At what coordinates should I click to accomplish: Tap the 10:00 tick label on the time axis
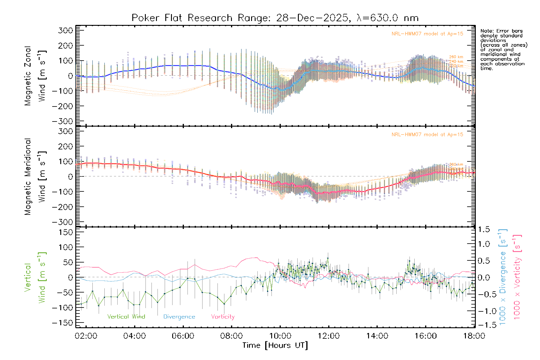click(x=280, y=336)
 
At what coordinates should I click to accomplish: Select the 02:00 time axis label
click(x=86, y=336)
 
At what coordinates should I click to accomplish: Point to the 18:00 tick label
click(x=474, y=336)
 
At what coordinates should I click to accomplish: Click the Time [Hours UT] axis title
click(x=275, y=346)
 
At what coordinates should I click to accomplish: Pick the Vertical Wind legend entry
click(x=126, y=317)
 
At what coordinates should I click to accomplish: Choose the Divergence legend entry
click(x=179, y=317)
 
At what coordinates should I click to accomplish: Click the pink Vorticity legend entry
click(x=223, y=317)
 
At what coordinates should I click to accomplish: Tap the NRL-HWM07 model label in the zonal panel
click(x=427, y=34)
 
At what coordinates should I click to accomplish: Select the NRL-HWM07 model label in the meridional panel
click(x=427, y=135)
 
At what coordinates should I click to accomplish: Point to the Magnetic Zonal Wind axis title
click(x=35, y=76)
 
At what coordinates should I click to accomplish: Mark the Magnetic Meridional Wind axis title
click(x=35, y=177)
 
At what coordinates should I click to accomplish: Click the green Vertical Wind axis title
click(x=35, y=277)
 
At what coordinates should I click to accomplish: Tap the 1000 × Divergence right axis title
click(x=503, y=277)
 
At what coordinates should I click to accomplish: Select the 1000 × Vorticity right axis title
click(x=517, y=277)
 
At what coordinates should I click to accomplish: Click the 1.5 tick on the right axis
click(x=484, y=229)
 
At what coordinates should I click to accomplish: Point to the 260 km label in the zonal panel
click(x=456, y=57)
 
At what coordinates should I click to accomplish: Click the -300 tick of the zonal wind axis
click(x=62, y=121)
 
